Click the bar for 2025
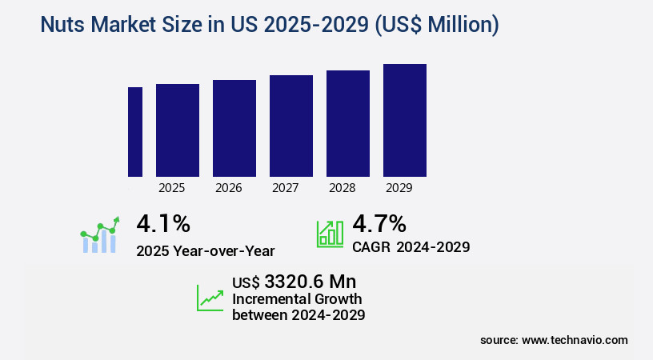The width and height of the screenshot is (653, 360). tap(178, 130)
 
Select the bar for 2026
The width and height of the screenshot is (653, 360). tap(234, 128)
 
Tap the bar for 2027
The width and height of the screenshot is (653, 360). tap(291, 126)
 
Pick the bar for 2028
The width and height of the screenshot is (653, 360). tap(348, 123)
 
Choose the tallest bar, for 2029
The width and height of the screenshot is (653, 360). tap(405, 120)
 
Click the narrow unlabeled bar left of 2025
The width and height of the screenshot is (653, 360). tap(135, 132)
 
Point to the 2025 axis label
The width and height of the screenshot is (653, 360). tap(172, 188)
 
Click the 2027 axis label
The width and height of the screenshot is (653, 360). tap(286, 188)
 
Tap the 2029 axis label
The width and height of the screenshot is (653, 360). tap(399, 188)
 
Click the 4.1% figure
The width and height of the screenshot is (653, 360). tap(163, 224)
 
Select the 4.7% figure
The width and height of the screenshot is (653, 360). tap(379, 224)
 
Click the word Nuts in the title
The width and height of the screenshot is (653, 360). tap(62, 26)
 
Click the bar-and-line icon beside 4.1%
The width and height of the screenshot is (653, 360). tap(100, 234)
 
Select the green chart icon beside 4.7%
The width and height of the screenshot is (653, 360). tap(330, 233)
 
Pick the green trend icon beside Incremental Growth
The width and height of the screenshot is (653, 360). tap(210, 298)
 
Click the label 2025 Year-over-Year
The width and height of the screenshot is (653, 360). tap(206, 250)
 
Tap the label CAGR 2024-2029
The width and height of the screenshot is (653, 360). tap(411, 246)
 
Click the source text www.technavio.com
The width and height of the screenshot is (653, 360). tap(575, 340)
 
